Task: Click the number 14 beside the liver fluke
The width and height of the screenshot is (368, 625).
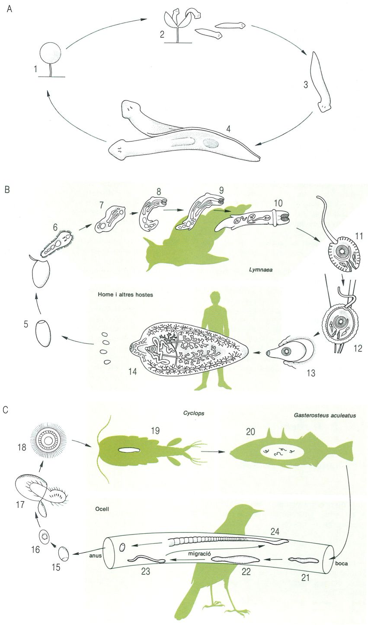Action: point(132,371)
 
